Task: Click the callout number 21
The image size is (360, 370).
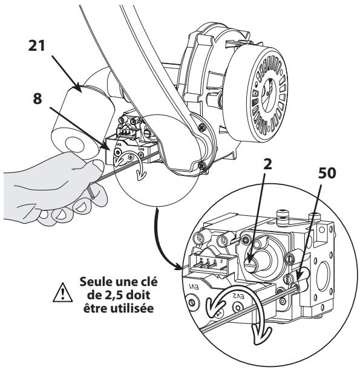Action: (37, 45)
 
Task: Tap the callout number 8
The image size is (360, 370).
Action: (38, 99)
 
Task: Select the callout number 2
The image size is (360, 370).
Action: (267, 164)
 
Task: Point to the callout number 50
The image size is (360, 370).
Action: (327, 173)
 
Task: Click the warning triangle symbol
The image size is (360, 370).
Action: (62, 293)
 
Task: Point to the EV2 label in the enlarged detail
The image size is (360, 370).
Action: (238, 296)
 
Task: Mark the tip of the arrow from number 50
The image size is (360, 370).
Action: (296, 280)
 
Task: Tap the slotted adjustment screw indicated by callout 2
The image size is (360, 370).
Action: (251, 264)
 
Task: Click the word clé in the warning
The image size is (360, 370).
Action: (148, 282)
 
